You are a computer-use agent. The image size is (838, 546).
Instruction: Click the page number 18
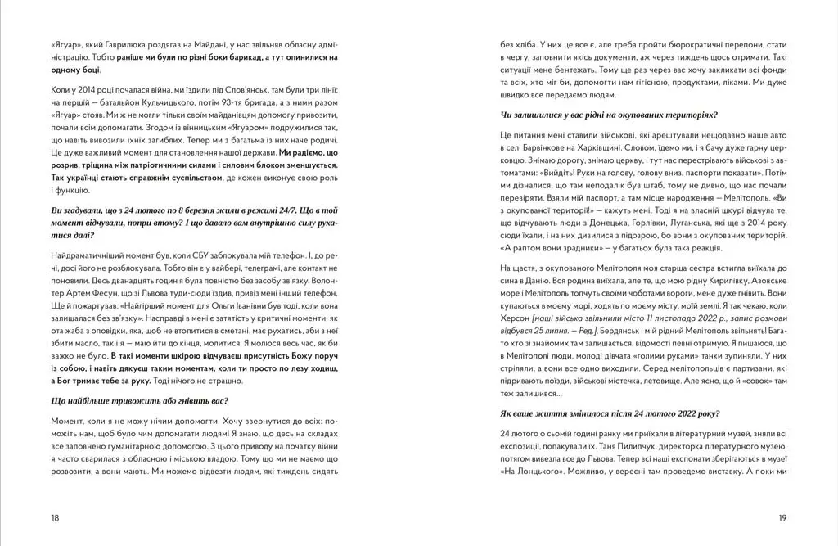point(55,518)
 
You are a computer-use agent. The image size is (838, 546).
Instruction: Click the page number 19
point(782,518)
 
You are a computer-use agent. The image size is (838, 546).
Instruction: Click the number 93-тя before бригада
point(228,101)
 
